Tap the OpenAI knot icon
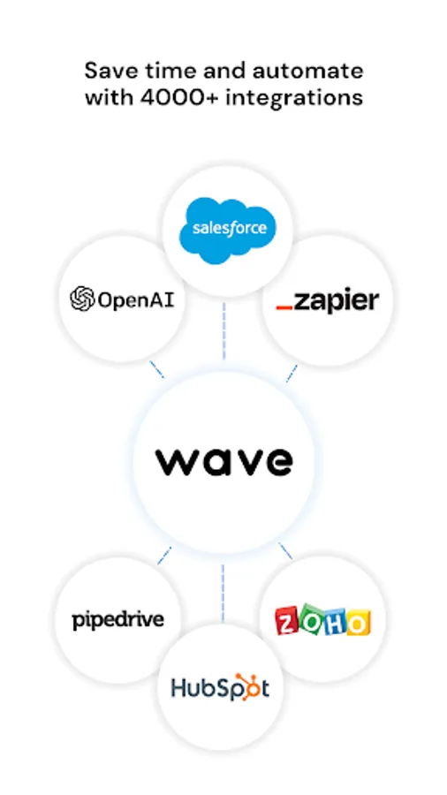tap(82, 299)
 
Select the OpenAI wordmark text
tap(136, 299)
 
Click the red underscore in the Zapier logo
tap(284, 307)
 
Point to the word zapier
tap(336, 302)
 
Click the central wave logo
tap(223, 461)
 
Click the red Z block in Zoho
tap(287, 622)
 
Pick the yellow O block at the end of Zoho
tap(359, 622)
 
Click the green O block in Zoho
tap(311, 618)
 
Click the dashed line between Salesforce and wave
tap(223, 331)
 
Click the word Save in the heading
tap(110, 71)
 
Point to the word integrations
tap(294, 98)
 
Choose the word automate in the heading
tap(307, 71)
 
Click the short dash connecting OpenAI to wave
tap(156, 369)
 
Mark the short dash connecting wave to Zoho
tap(285, 551)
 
